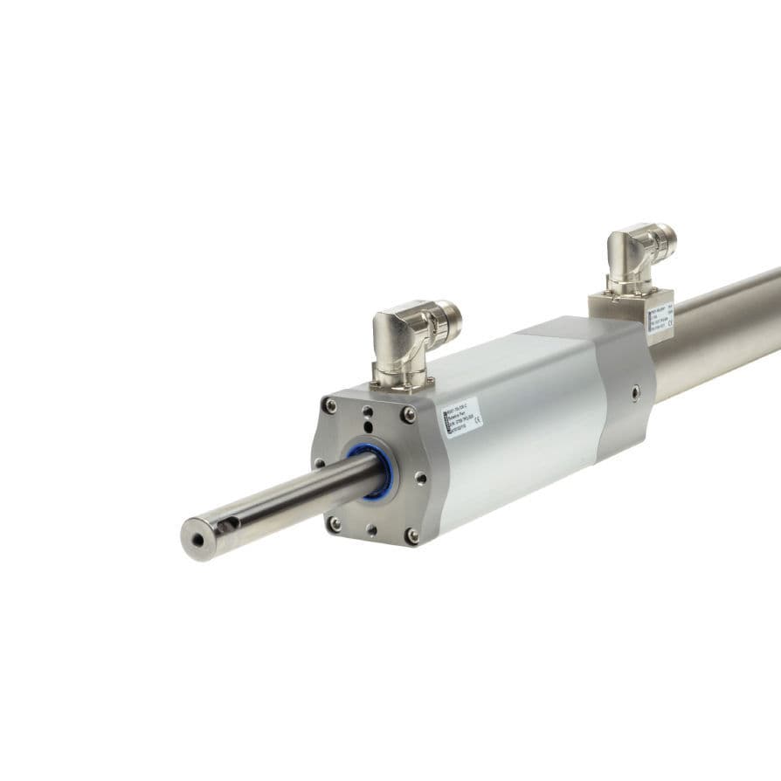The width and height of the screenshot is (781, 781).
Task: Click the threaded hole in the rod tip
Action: tap(198, 540)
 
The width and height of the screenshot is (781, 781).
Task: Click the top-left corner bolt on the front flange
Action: tap(329, 404)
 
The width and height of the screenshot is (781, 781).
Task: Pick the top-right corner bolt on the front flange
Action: tap(408, 414)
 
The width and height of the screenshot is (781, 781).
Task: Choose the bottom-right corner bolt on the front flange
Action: tap(411, 535)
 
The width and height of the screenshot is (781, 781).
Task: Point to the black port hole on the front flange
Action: tap(367, 425)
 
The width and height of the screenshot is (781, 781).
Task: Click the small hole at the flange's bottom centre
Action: tap(371, 529)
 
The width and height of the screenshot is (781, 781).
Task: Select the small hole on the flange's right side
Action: tap(422, 477)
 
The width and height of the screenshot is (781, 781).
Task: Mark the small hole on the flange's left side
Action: tap(319, 464)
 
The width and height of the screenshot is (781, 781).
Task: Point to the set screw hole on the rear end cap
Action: tap(635, 390)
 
